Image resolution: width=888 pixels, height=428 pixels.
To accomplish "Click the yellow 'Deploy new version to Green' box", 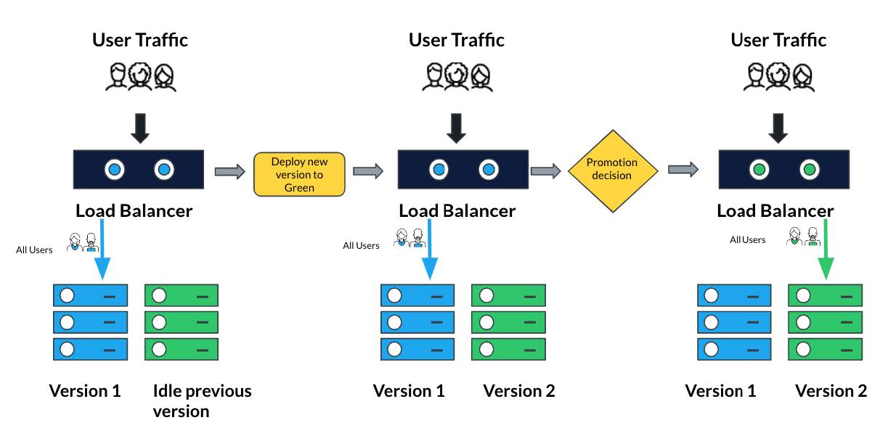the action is click(299, 174).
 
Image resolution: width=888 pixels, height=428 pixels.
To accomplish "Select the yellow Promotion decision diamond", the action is click(613, 170).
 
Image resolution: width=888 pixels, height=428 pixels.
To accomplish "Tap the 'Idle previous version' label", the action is click(202, 400).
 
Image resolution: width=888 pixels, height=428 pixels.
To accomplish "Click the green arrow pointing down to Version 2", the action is click(826, 250).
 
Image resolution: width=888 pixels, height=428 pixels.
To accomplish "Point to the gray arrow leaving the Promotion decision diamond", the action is click(683, 170).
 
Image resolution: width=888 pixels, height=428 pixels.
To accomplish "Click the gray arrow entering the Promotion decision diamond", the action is click(546, 170).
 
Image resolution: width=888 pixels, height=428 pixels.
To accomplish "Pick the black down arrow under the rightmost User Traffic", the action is click(778, 128).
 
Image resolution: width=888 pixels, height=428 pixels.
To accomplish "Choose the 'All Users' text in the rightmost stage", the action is click(748, 239).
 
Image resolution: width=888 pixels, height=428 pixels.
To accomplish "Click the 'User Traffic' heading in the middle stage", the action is click(456, 40).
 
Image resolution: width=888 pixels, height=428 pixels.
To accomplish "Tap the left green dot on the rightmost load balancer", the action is click(759, 170).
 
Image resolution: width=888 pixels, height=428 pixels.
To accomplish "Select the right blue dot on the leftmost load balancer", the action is click(164, 170).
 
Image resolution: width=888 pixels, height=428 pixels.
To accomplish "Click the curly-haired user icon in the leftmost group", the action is click(140, 76).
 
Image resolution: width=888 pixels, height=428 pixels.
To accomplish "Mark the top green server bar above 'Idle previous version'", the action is click(182, 295).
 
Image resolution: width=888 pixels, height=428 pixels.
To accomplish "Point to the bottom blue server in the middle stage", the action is click(417, 349).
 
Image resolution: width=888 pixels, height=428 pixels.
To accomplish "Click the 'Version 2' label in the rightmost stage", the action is click(831, 391).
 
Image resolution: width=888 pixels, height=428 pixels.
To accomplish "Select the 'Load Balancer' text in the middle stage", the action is click(457, 210).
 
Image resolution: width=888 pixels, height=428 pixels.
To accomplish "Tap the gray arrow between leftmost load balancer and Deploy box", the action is click(230, 171).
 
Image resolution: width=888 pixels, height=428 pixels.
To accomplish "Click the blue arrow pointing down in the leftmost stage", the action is click(102, 250).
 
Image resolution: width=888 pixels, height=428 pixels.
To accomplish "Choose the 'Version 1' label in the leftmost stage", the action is click(85, 391).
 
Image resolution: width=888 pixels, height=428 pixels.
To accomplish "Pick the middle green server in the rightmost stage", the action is click(825, 322).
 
